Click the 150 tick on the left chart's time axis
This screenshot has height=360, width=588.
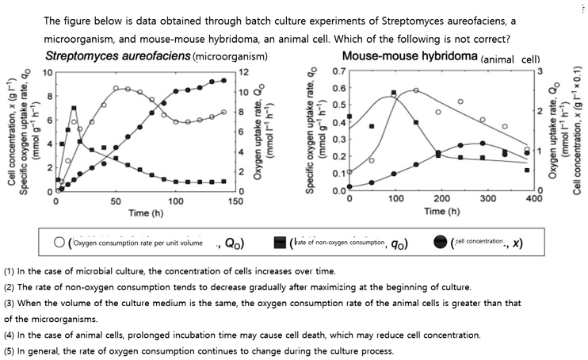235,201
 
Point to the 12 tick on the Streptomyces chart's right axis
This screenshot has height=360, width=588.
245,72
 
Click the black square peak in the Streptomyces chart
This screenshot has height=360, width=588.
74,108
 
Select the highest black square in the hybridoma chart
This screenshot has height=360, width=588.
394,93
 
